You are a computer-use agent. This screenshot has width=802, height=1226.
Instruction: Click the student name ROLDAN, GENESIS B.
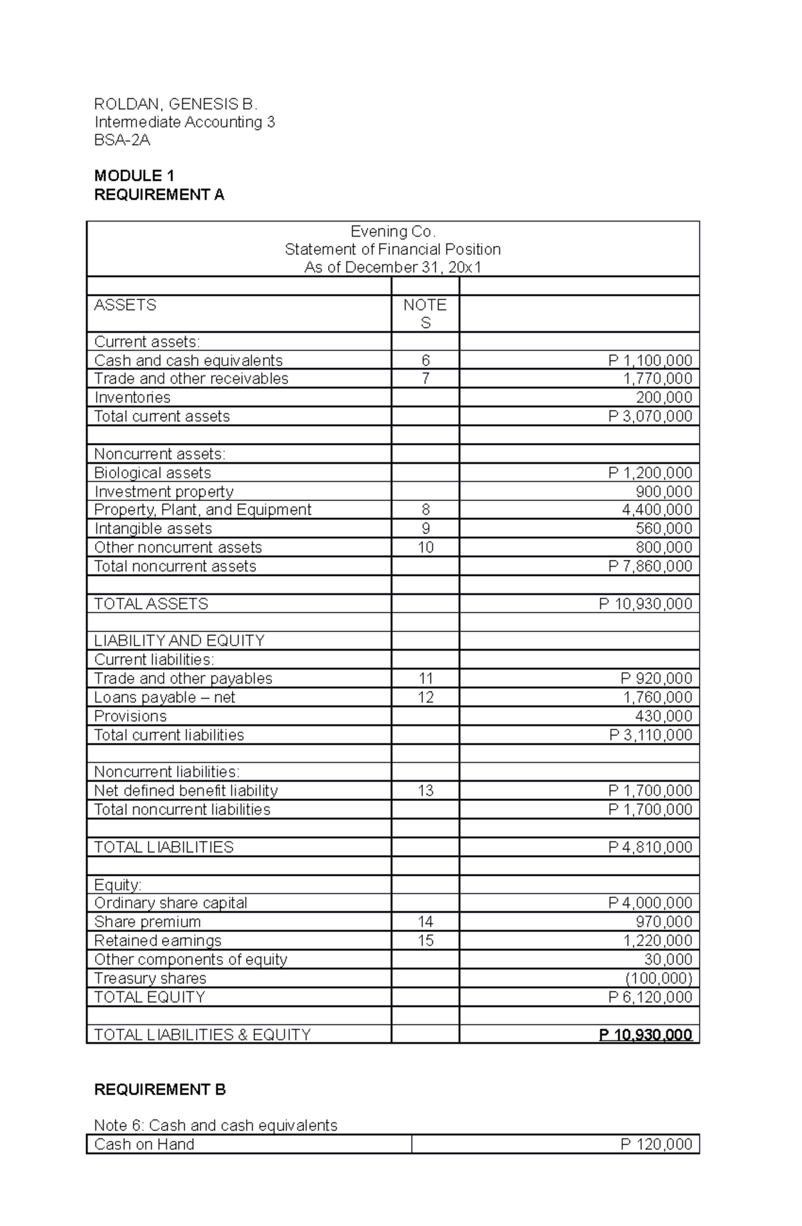[176, 104]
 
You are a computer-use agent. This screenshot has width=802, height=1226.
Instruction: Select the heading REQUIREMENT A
[159, 194]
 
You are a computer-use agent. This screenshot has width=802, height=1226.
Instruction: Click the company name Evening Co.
[393, 231]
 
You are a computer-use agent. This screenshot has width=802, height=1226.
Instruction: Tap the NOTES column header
[425, 313]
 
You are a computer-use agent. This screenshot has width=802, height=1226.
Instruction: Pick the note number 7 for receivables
[425, 379]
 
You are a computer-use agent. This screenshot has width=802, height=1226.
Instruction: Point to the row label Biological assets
[152, 473]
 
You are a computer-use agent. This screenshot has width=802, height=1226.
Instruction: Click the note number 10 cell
[425, 547]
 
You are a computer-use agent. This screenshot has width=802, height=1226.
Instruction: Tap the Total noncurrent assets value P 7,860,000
[650, 566]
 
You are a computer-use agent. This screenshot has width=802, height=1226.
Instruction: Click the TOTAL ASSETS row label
[151, 604]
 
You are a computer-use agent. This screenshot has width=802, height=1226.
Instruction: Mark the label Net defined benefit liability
[186, 791]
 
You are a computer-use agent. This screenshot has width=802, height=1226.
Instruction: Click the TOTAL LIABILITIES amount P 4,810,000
[650, 847]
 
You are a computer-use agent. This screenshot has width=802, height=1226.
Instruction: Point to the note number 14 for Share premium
[425, 922]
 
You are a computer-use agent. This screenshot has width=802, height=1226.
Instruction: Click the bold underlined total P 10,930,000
[645, 1035]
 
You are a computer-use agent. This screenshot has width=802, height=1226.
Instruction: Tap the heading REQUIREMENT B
[160, 1090]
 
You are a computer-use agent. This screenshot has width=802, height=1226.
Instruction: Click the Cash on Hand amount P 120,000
[656, 1144]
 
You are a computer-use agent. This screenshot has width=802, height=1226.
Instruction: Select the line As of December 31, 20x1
[393, 268]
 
